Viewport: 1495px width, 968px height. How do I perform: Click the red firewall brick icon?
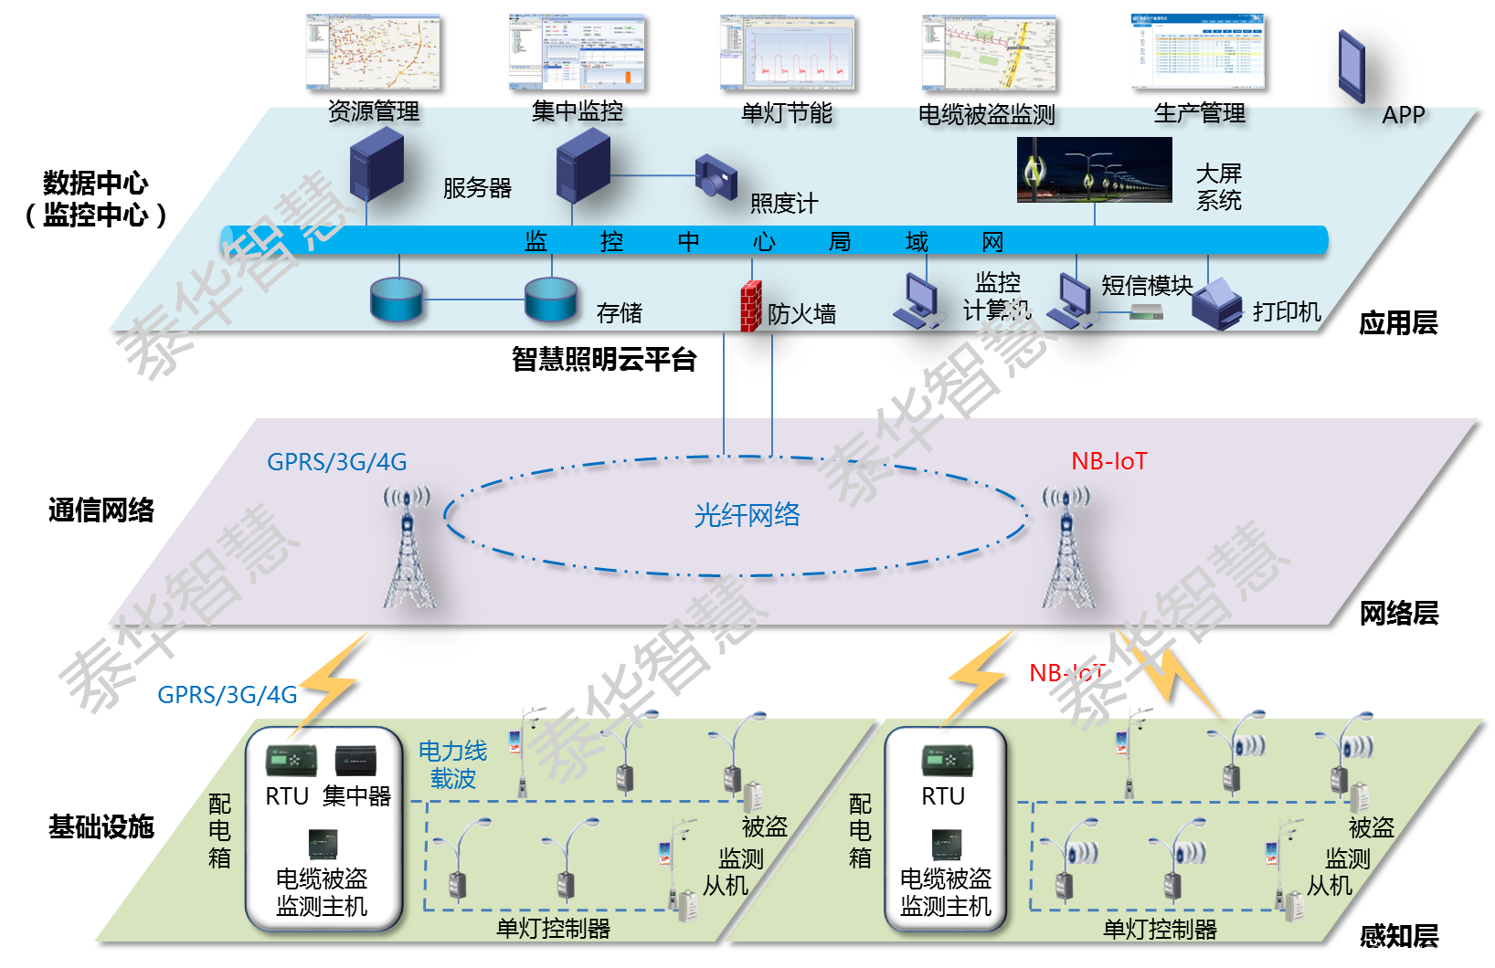(750, 305)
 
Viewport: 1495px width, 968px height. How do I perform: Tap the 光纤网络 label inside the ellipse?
(747, 515)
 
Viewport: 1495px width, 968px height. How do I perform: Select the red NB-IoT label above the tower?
(1108, 461)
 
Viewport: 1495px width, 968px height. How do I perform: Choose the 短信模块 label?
(1147, 285)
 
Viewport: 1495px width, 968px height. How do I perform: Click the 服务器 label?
(477, 188)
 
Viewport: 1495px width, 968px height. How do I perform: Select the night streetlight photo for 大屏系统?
(1094, 170)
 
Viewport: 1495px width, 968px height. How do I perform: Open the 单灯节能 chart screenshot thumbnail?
(787, 52)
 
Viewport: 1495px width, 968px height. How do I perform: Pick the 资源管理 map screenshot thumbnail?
(373, 52)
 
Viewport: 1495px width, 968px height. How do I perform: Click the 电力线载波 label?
(452, 764)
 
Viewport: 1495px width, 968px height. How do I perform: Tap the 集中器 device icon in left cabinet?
(355, 761)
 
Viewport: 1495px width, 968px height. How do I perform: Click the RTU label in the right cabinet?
(943, 796)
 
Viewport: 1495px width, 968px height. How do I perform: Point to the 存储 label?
(619, 313)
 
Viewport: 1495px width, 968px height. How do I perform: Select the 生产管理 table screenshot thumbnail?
(1197, 51)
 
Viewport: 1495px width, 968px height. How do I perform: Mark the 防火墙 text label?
(801, 314)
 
